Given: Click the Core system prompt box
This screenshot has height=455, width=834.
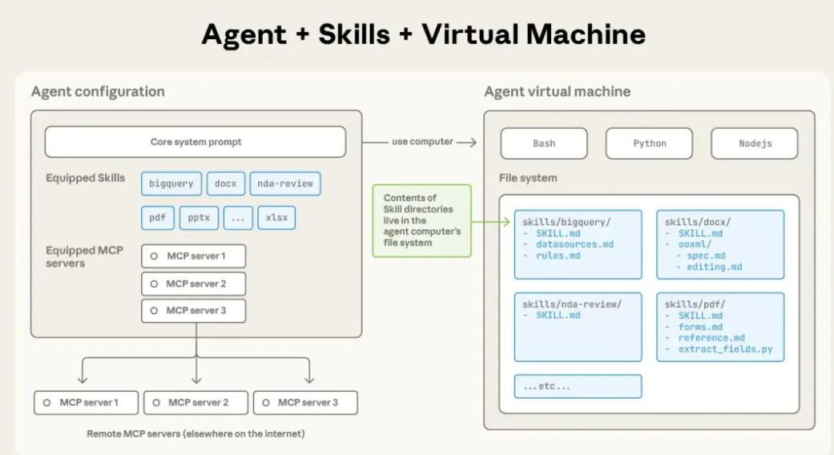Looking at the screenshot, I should point(195,142).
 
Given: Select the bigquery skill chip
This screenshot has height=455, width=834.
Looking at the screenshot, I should point(171,183).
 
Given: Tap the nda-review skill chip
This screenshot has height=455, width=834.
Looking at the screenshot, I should point(285,183).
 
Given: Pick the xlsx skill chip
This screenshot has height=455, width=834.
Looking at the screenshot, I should point(276,217).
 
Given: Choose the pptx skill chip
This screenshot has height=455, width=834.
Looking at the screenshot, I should point(199,217).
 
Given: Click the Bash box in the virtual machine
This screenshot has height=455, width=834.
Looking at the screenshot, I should point(544,143).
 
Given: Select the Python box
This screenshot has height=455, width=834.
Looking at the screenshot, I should point(649,143).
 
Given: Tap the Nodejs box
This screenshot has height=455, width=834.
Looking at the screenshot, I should point(755,143).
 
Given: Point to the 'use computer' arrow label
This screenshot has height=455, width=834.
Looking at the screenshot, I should point(422,142).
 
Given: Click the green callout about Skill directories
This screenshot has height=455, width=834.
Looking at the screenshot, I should point(421,220).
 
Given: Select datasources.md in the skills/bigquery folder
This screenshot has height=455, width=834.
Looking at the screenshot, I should point(574,244).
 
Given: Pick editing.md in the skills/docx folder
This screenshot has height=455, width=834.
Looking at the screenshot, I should point(714,267).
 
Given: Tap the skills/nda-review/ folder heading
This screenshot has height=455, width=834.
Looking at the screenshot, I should point(571,304).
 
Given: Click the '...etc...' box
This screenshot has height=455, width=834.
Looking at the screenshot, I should point(578,386).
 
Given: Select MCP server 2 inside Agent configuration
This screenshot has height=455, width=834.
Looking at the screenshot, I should point(193,284).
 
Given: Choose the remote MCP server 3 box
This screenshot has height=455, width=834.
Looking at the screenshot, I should point(305,402).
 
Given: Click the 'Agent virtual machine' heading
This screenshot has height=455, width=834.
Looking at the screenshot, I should point(557,91).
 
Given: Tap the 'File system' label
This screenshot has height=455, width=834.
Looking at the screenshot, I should point(528,178).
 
